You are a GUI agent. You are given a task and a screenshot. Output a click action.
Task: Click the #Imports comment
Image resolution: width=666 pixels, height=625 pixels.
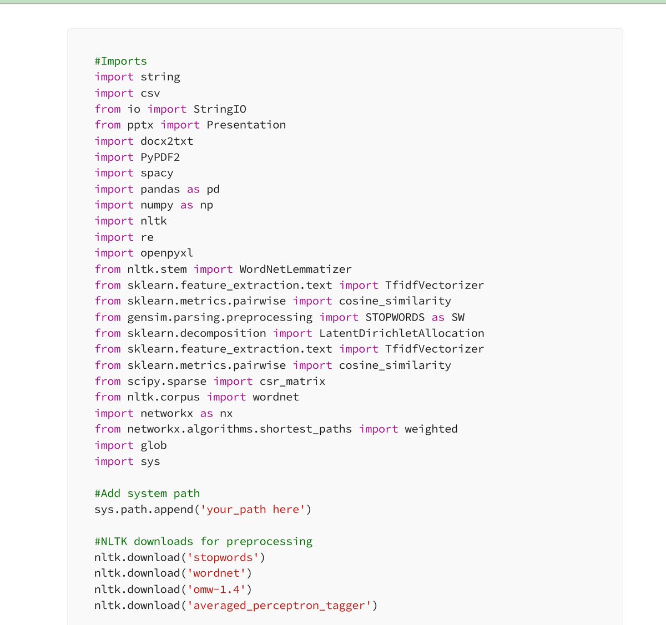(120, 61)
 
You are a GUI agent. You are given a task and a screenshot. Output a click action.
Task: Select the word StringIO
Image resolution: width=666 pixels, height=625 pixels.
(220, 109)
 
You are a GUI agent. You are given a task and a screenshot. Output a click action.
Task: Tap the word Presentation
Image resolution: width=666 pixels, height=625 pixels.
(246, 125)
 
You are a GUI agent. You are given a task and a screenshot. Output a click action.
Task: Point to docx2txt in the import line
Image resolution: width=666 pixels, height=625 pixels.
(167, 141)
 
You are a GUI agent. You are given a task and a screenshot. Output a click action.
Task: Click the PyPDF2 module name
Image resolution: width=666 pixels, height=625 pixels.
(160, 157)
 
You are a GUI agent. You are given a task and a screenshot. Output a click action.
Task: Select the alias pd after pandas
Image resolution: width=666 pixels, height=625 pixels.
(213, 189)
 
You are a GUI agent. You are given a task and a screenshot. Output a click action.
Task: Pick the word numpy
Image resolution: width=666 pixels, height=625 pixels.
(157, 205)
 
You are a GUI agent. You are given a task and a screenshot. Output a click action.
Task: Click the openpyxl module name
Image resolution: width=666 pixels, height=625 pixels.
(167, 253)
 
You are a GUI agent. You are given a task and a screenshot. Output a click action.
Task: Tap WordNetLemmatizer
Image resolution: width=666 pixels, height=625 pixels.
(295, 269)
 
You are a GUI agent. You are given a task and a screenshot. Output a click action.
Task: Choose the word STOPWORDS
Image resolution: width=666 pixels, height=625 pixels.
(395, 317)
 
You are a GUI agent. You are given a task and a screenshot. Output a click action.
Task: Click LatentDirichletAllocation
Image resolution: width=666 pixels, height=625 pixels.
(401, 333)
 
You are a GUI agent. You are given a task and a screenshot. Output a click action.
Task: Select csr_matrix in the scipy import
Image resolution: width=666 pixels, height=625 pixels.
(292, 382)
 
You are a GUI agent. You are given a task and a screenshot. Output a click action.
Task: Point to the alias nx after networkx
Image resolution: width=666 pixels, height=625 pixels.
(226, 413)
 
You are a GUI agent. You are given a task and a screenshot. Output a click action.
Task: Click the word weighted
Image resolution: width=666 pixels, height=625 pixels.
(431, 429)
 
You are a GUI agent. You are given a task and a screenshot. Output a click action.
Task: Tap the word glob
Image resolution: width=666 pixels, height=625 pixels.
(154, 445)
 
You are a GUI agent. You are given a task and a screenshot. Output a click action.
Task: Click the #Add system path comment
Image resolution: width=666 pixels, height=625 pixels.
(147, 493)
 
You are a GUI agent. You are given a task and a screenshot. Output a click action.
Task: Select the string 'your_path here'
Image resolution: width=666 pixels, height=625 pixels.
(253, 509)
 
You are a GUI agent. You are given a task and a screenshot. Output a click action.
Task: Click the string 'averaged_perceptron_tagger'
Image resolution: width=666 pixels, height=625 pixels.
(279, 605)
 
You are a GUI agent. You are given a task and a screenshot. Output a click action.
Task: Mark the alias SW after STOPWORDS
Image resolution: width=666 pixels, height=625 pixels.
(458, 317)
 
